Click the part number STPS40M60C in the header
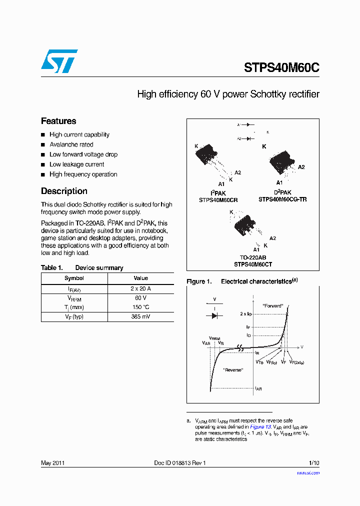(x=281, y=67)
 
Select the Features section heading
(x=58, y=121)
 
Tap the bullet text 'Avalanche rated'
(x=71, y=144)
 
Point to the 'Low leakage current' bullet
(x=76, y=164)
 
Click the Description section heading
(x=64, y=191)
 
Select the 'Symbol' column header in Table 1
(x=74, y=278)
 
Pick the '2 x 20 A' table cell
(x=140, y=288)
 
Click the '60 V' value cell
(x=140, y=298)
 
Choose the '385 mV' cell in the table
(x=140, y=316)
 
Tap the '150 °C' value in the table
(x=140, y=307)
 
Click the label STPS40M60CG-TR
(x=282, y=199)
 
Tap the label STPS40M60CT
(x=253, y=264)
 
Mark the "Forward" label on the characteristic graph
(x=272, y=305)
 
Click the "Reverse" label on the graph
(x=233, y=369)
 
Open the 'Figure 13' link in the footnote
(x=260, y=427)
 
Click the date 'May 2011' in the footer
(x=52, y=463)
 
